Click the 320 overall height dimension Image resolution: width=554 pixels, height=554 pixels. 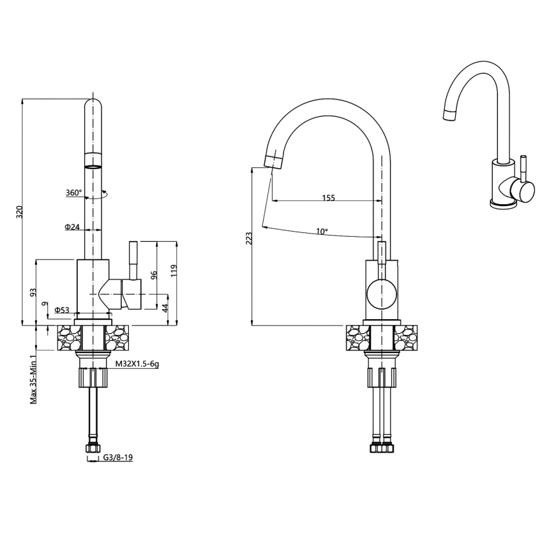click(19, 212)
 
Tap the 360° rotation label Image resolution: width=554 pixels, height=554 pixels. click(73, 193)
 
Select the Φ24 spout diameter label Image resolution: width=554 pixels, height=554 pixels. click(71, 227)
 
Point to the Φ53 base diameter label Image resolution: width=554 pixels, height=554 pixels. click(62, 310)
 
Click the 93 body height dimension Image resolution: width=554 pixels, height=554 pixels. click(33, 292)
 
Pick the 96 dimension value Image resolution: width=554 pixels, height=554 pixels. click(154, 276)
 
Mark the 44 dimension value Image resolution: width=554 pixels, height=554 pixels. click(165, 308)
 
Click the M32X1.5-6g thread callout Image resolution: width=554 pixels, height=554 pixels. click(137, 364)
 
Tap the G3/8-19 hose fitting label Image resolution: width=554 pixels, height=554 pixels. click(117, 458)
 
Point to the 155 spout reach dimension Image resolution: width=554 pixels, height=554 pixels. click(328, 198)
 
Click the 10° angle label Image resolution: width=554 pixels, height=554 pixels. click(322, 231)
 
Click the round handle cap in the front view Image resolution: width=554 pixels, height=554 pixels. click(382, 295)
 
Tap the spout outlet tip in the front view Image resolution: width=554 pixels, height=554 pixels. click(273, 160)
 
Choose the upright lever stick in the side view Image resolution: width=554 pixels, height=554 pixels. click(133, 260)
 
